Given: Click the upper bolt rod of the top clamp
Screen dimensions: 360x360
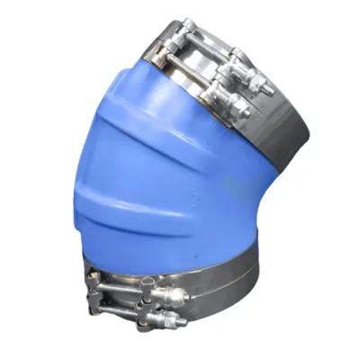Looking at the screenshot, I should (211, 49).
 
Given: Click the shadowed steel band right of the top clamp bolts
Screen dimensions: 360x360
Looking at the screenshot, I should (283, 135).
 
